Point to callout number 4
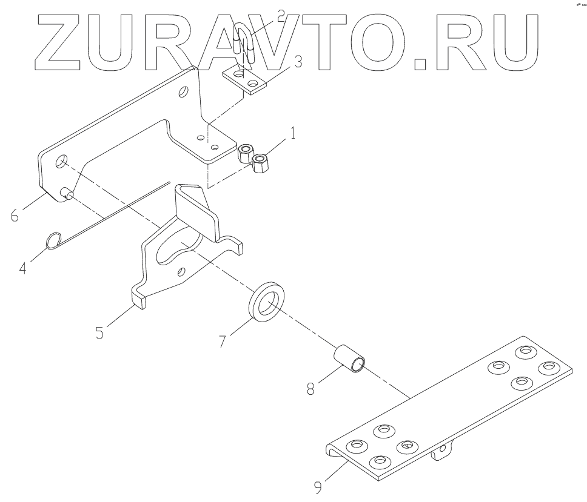pos(22,267)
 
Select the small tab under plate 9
pos(441,451)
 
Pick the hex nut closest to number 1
pos(260,162)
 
